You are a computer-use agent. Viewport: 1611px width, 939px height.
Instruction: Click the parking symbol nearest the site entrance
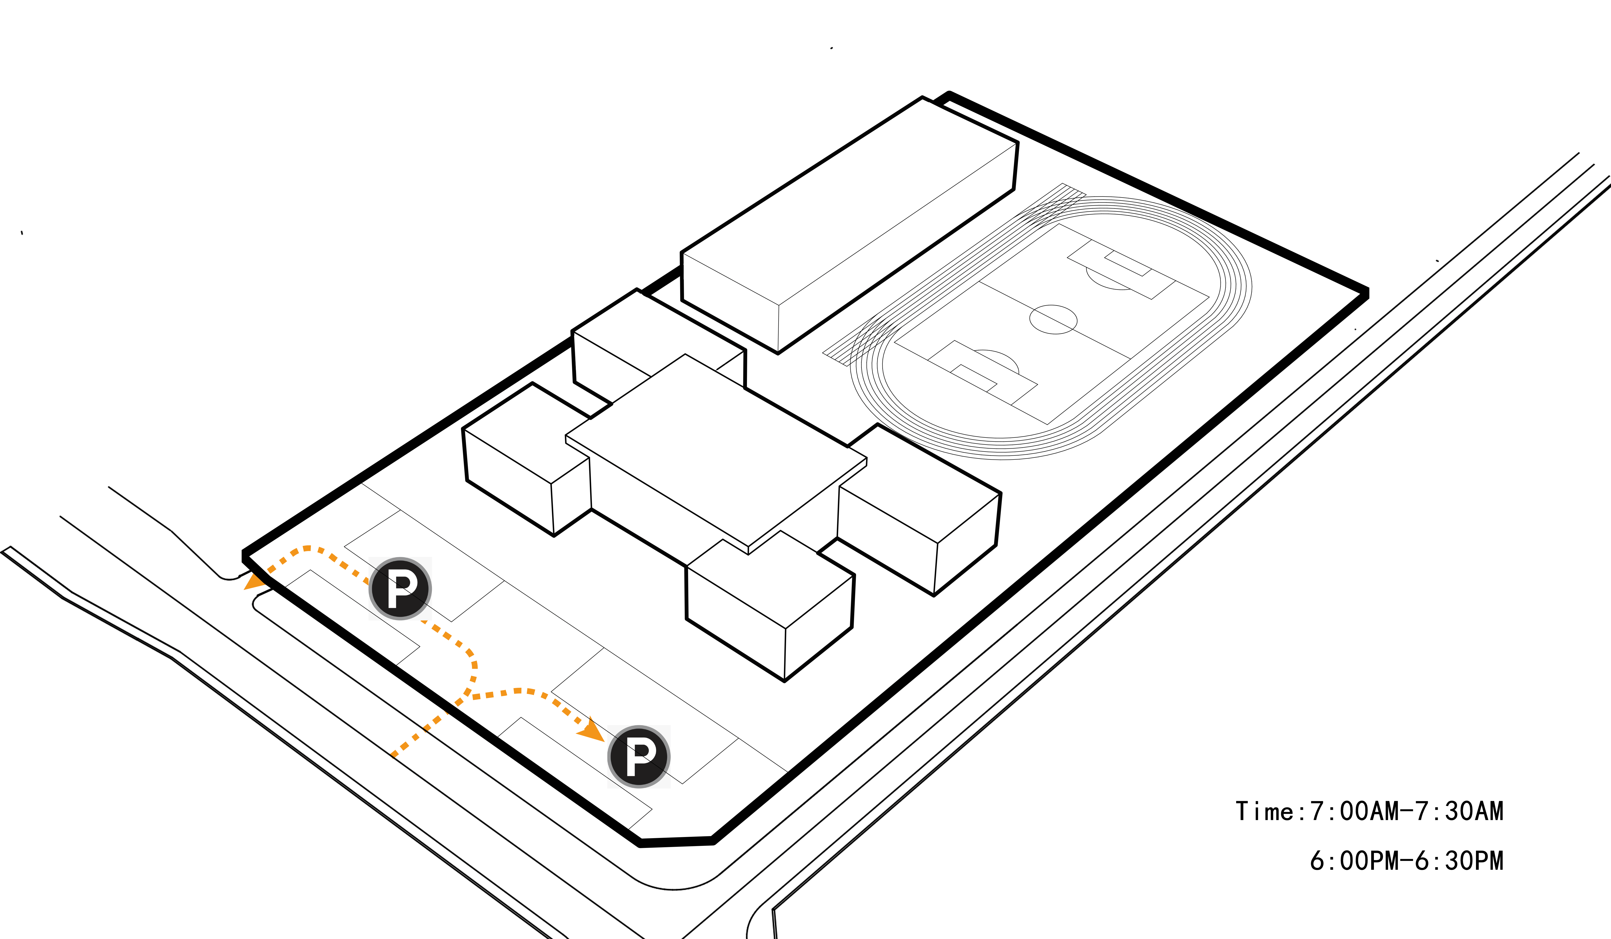(400, 588)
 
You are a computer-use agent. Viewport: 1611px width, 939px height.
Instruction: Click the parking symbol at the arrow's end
(639, 757)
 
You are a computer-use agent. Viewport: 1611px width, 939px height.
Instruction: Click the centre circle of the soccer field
(1053, 319)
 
